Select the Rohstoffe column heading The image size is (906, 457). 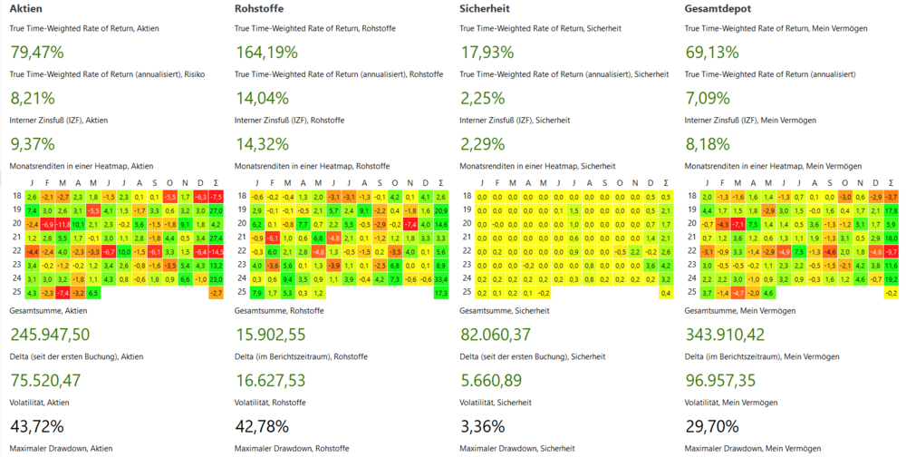[257, 8]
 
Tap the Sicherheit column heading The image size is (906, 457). [485, 8]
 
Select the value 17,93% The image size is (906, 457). [488, 52]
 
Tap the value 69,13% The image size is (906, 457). [713, 52]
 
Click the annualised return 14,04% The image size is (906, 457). [262, 98]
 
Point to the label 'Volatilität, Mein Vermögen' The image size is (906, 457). [733, 402]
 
